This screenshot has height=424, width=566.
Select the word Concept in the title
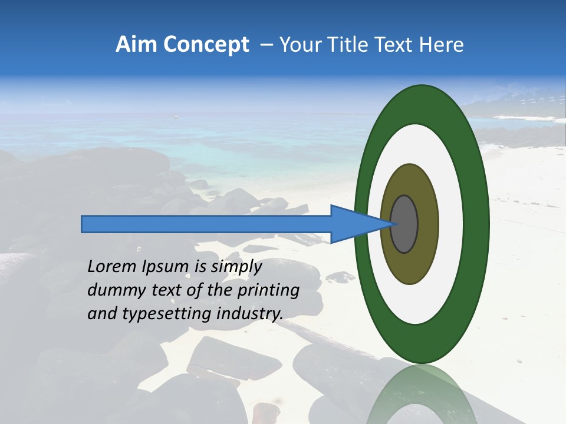206,45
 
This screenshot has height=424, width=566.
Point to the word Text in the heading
396,45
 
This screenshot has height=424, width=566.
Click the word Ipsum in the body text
164,267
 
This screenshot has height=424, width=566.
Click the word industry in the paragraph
249,314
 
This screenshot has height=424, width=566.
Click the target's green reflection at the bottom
422,395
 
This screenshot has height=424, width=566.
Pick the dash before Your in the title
266,45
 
